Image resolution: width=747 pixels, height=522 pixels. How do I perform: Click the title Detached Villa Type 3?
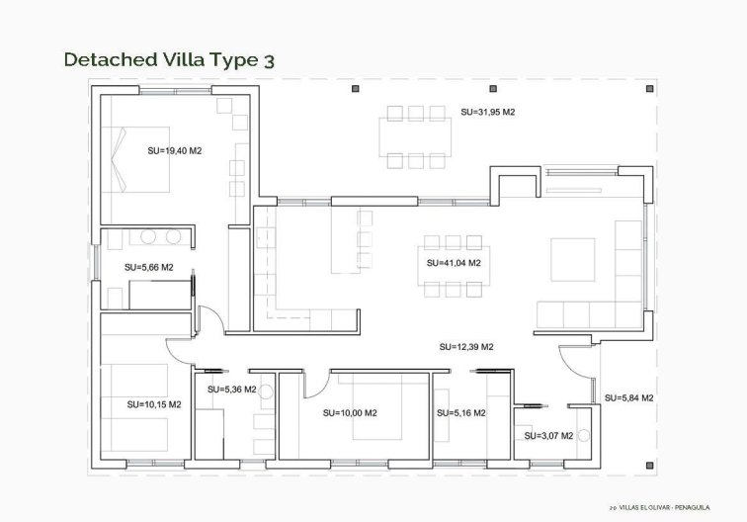point(169,59)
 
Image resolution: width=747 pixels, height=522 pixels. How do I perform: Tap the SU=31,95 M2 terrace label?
point(487,113)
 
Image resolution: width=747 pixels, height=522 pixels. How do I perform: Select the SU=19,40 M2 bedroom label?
point(174,151)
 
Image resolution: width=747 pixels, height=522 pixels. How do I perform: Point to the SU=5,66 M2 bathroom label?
point(148,267)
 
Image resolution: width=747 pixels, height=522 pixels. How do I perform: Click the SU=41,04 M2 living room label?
point(454,264)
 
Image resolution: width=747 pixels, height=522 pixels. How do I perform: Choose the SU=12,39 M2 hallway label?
point(466,347)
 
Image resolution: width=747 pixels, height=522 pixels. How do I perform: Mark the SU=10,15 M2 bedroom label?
point(153,404)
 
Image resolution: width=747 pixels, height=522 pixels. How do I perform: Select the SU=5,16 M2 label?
point(459,413)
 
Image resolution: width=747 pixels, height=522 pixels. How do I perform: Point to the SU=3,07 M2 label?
point(547,435)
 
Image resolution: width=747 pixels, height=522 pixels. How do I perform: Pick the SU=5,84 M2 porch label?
point(629,397)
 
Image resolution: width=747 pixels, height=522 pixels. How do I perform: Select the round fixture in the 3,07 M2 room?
point(584,435)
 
